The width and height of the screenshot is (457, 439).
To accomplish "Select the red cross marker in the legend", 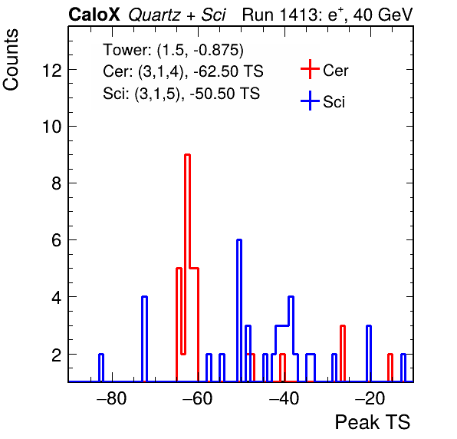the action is click(310, 69).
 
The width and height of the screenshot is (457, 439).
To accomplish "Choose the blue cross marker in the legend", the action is click(310, 101).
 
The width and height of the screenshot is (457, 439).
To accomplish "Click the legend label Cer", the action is click(335, 71).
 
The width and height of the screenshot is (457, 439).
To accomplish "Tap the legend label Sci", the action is click(334, 102).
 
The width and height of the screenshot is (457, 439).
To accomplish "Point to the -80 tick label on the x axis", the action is click(112, 398).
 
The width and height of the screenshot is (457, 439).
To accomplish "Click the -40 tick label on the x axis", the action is click(284, 398).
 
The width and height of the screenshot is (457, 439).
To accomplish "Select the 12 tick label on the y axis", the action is click(52, 71).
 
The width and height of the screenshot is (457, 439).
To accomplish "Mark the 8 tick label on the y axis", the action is click(57, 183).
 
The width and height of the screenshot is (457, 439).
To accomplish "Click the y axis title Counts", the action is click(11, 60).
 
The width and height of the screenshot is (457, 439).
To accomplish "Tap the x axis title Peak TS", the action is click(373, 422).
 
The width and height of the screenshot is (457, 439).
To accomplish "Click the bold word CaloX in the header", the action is click(94, 15).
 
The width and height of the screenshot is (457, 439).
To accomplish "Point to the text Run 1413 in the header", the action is click(281, 15).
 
